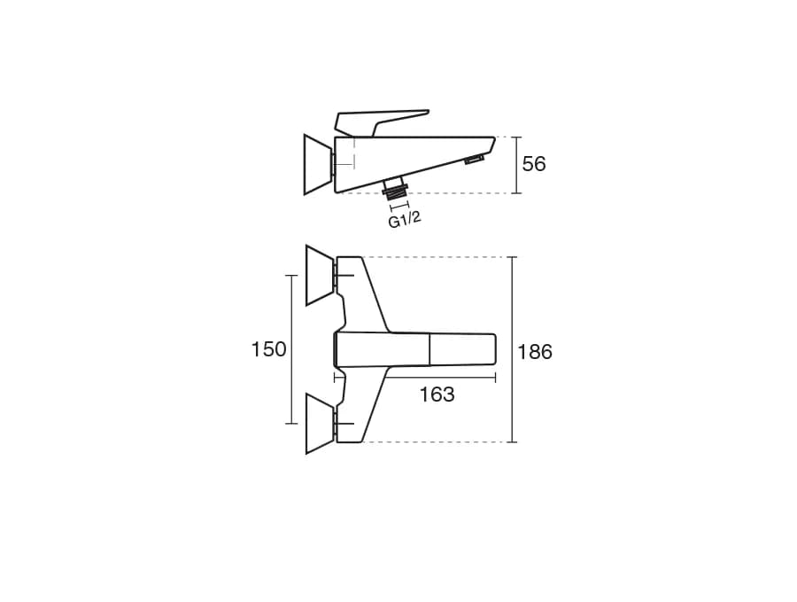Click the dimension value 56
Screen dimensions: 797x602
(x=534, y=164)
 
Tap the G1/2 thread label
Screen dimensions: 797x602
(x=405, y=220)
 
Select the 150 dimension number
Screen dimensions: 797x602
(x=269, y=349)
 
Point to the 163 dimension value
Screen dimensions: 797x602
(x=437, y=395)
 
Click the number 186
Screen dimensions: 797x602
(x=535, y=352)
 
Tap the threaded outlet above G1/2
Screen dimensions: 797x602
(x=397, y=188)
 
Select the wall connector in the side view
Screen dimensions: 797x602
(x=319, y=164)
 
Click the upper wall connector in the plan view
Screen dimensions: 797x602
(x=321, y=276)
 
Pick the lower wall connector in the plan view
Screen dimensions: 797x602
(x=321, y=423)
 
